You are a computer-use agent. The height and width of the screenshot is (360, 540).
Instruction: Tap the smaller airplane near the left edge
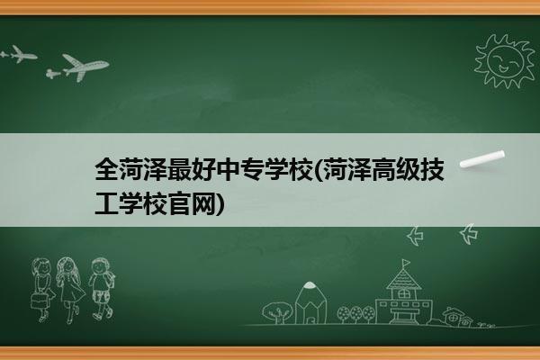20,54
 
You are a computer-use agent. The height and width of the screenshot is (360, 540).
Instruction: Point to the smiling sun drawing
505,61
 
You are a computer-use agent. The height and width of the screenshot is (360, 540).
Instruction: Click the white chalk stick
482,159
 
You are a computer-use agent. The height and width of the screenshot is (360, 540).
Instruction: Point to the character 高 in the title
384,169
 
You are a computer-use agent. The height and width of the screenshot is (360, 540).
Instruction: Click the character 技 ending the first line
432,169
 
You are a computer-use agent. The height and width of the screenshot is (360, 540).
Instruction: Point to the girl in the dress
70,289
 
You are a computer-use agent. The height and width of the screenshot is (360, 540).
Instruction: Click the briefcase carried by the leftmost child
39,301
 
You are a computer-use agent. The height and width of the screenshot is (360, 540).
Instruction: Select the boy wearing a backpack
102,288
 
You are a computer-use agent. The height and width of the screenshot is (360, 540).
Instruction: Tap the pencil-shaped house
310,302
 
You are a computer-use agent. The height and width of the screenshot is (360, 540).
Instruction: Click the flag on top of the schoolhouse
407,263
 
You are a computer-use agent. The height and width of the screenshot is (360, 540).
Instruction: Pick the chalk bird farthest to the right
469,234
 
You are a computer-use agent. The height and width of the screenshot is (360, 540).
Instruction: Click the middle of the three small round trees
356,313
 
